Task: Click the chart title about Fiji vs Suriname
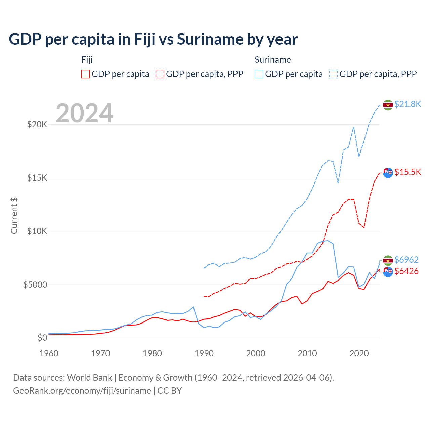pos(153,39)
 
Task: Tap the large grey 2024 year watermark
pos(84,113)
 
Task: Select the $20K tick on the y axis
pos(37,125)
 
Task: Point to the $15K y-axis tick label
pos(37,178)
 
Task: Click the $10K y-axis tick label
pos(37,231)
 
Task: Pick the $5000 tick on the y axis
pos(35,285)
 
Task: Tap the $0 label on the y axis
pos(42,338)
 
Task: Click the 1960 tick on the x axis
pos(49,353)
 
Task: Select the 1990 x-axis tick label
pos(204,353)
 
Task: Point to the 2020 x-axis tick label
pos(359,353)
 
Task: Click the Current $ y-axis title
pos(14,216)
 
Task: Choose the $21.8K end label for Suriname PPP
pos(407,104)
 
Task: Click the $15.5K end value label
pos(407,172)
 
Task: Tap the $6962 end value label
pos(406,260)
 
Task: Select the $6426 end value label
pos(406,271)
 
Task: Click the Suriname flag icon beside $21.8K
pos(388,105)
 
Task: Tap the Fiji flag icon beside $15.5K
pos(388,173)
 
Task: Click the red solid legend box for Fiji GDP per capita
pos(86,74)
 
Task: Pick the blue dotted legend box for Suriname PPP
pos(334,74)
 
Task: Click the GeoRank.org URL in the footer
pos(82,391)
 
